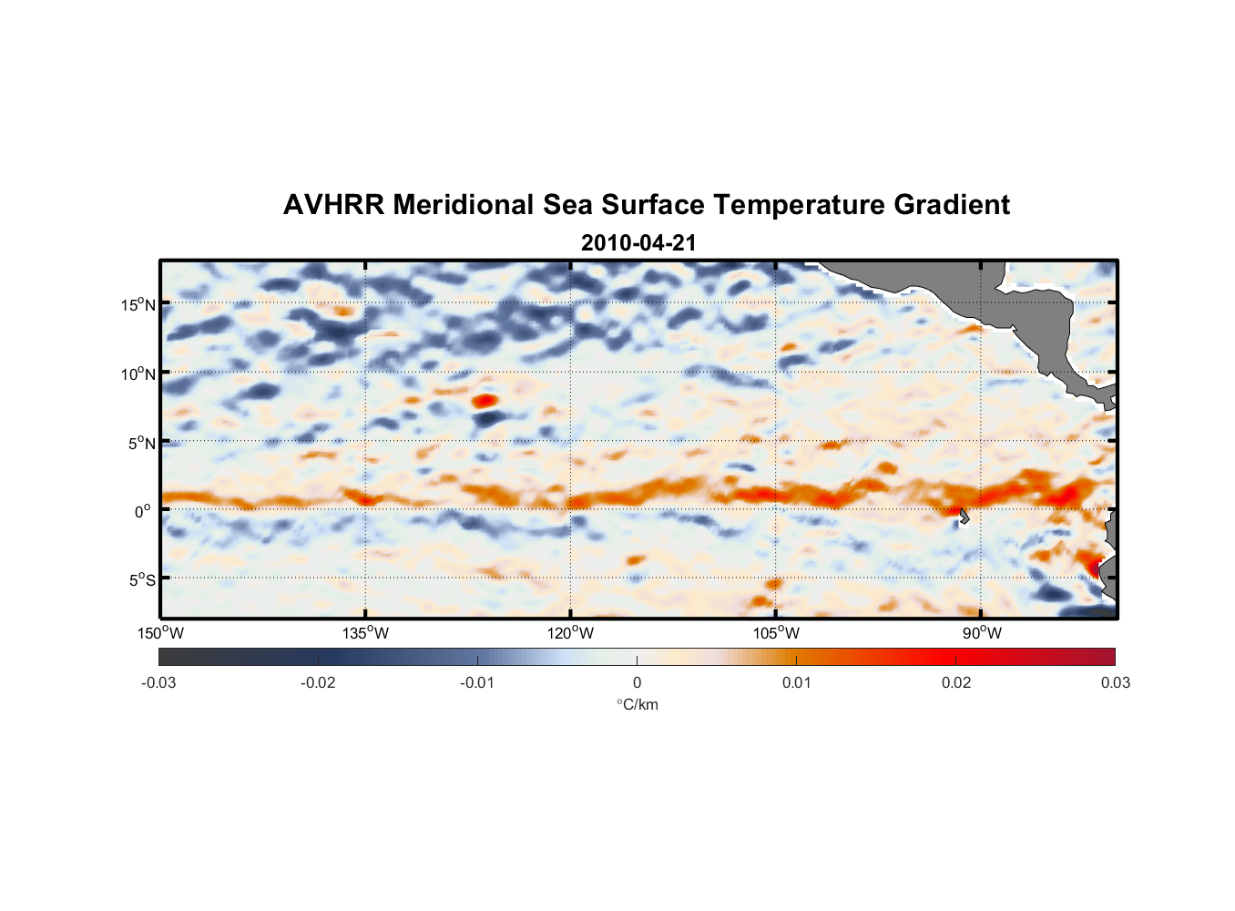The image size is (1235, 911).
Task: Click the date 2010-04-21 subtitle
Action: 638,243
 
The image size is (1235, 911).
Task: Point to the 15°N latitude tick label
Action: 138,304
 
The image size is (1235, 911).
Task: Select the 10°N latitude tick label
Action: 138,374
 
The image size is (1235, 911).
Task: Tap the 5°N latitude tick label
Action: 141,443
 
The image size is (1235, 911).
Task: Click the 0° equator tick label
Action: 143,511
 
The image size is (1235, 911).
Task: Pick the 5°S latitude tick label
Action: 141,579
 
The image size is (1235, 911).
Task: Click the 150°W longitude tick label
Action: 160,633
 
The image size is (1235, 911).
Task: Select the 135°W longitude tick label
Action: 365,633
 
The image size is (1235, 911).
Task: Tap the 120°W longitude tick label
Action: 570,633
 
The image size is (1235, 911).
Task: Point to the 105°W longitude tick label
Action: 776,633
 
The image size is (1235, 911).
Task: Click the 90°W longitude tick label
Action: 982,633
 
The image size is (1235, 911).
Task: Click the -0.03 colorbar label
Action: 158,682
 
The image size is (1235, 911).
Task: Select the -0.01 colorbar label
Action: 476,682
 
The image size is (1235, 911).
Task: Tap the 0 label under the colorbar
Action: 637,682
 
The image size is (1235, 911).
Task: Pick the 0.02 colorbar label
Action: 955,682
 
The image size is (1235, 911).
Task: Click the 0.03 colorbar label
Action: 1115,682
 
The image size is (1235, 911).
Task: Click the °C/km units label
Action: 637,704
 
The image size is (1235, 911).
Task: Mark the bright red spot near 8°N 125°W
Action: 484,400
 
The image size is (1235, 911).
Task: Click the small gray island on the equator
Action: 964,516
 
